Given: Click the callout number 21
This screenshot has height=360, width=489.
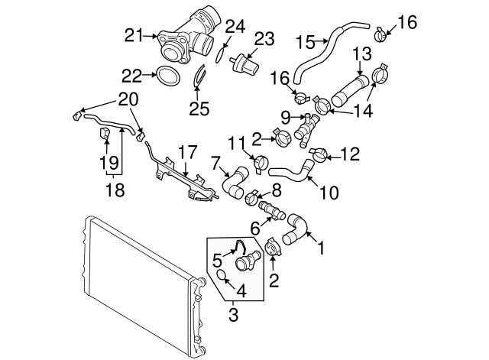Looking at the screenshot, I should pyautogui.click(x=134, y=34).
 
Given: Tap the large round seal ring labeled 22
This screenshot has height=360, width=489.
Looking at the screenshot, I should pyautogui.click(x=169, y=75).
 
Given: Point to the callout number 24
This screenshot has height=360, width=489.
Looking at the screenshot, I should pyautogui.click(x=235, y=27).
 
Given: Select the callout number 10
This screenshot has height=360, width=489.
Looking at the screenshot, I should pyautogui.click(x=330, y=193).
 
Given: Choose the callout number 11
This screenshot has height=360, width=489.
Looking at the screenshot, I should pyautogui.click(x=235, y=142).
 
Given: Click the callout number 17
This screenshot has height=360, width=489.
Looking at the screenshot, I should pyautogui.click(x=187, y=151).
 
